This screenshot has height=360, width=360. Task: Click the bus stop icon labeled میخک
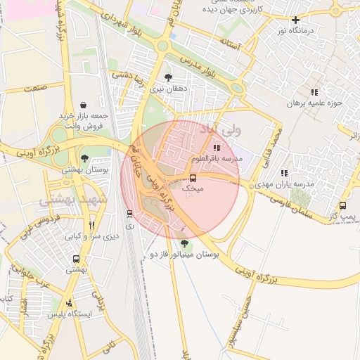pos(193,178)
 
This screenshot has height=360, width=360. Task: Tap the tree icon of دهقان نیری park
pos(167,78)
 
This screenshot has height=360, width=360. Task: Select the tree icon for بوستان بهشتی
pos(84,158)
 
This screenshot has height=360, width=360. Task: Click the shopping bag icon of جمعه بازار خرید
pos(84,105)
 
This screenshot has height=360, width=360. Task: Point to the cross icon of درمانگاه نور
pos(295,20)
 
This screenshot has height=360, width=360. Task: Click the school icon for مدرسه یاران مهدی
pos(284,172)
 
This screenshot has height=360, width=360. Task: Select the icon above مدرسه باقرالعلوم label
pos(217,148)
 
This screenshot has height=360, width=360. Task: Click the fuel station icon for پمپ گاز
pos(342,205)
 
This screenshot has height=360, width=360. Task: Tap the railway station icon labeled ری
pos(129,213)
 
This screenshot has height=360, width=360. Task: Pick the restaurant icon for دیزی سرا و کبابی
pos(91,226)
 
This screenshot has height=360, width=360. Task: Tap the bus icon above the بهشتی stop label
pos(77,259)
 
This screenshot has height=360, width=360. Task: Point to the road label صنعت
pos(33,88)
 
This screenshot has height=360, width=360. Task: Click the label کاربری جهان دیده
pos(232,11)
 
